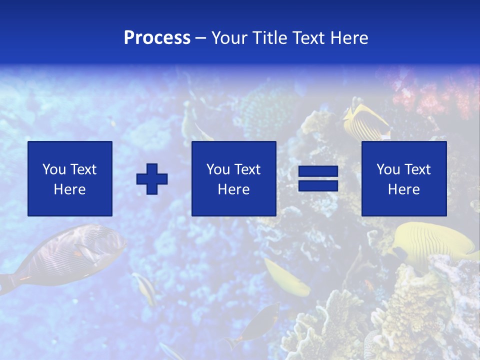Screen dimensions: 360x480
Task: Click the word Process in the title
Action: click(157, 38)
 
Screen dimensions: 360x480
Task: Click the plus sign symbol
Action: click(152, 178)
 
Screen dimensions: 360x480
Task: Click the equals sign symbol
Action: click(318, 178)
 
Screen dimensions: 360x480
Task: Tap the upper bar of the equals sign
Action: click(318, 171)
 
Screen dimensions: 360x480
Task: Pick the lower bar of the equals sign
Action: click(318, 185)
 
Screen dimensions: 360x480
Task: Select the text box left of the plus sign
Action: click(70, 178)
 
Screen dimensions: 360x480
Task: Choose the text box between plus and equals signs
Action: click(233, 178)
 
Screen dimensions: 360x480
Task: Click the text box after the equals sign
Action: click(403, 178)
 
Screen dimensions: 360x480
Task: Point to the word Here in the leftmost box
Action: click(70, 189)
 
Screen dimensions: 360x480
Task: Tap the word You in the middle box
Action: click(218, 169)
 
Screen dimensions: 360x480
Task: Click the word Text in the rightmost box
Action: click(417, 169)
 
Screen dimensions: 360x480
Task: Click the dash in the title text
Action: click(201, 38)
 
